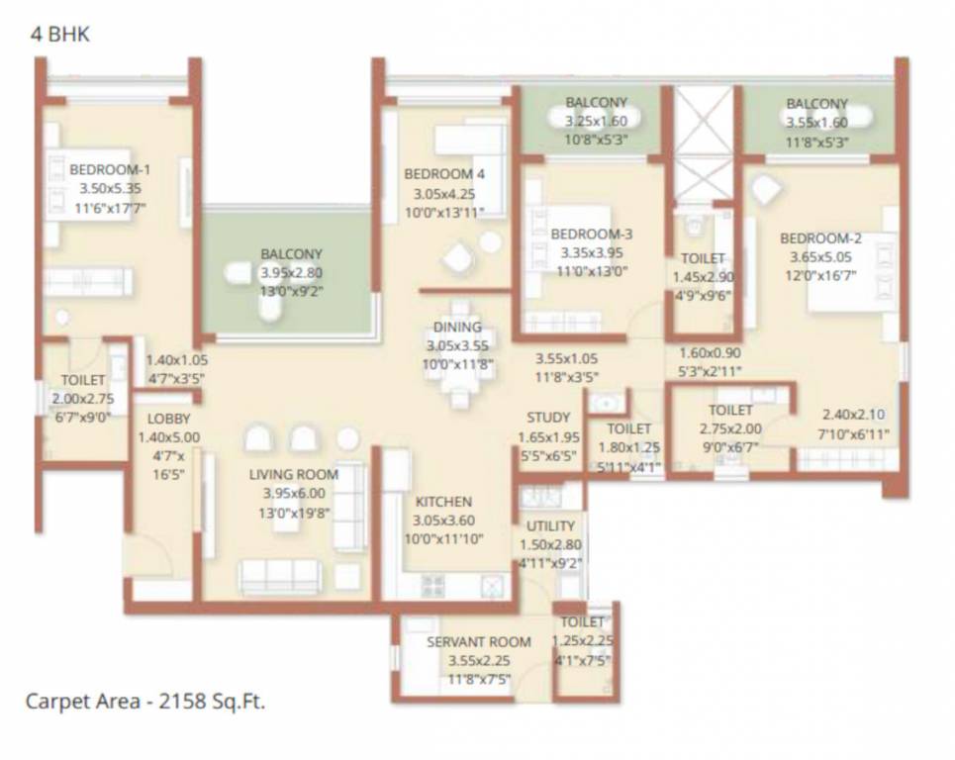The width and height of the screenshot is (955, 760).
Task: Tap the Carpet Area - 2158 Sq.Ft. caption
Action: coord(144,703)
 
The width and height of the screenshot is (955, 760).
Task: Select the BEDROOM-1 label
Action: coord(110,169)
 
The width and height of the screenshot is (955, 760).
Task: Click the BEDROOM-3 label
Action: coord(591,235)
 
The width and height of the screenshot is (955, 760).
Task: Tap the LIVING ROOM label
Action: coord(293,475)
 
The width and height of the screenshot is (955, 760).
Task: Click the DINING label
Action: coord(457,328)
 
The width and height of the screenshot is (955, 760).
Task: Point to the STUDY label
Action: coord(547,418)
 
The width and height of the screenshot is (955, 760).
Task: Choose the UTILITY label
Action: coord(551,525)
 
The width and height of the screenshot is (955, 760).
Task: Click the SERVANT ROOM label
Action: coord(479,642)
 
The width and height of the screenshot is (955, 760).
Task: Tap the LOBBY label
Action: coord(154,419)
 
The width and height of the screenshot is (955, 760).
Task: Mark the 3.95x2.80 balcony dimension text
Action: coord(291,272)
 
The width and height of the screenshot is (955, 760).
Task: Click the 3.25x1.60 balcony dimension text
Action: coord(596,121)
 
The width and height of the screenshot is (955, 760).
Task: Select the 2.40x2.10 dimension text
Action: coord(855,416)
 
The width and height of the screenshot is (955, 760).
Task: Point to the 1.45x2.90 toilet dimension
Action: coord(703,277)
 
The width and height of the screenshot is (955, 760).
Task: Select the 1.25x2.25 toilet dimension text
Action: coord(582,640)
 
